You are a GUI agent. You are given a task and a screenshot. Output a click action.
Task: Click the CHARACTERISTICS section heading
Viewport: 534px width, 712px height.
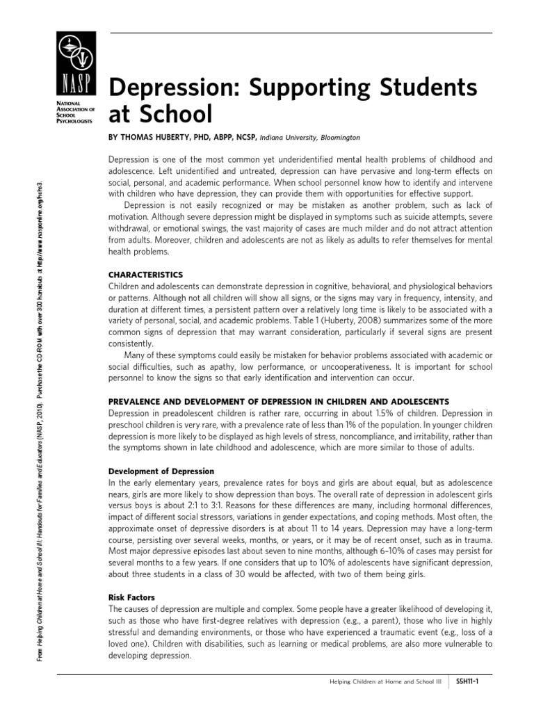tap(145, 275)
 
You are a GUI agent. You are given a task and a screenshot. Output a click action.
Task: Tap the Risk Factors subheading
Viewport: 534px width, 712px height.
tap(131, 597)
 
